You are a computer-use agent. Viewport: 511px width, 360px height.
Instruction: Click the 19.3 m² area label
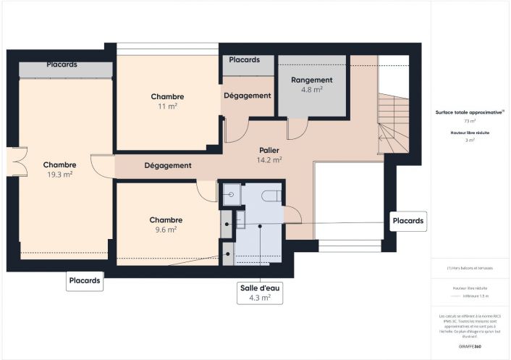(59, 175)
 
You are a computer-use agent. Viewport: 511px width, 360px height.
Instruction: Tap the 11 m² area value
(167, 106)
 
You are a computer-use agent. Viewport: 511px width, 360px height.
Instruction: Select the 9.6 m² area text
(166, 229)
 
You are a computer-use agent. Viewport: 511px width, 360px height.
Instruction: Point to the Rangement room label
(311, 80)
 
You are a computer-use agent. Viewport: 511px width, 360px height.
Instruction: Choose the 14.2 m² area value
(270, 160)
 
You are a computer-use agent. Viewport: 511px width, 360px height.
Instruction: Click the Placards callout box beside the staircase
(408, 220)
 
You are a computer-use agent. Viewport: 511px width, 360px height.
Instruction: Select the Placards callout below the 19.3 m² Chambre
(85, 280)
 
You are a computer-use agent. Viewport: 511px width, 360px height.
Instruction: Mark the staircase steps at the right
(393, 127)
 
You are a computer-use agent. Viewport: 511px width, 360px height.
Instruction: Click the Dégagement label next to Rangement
(247, 96)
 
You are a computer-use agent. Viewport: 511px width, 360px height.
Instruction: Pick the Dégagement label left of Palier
(168, 165)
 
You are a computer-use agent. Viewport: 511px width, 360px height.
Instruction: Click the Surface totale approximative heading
(469, 112)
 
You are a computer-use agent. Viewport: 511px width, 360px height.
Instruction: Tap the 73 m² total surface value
(470, 122)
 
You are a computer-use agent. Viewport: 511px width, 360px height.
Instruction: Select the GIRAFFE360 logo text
(469, 347)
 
